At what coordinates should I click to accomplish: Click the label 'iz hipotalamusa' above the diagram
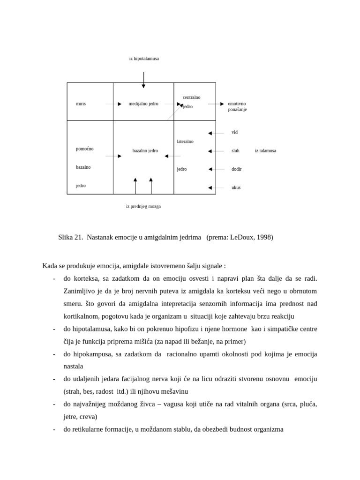click(144, 59)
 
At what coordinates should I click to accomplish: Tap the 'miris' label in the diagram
click(81, 104)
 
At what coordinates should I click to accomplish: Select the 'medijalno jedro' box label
click(143, 104)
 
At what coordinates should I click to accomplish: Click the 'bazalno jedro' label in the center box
click(145, 151)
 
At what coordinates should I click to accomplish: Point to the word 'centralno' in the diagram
click(191, 97)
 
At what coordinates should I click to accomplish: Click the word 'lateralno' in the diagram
click(185, 142)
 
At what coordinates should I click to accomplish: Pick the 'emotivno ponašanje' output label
click(237, 106)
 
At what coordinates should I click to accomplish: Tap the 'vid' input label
click(234, 133)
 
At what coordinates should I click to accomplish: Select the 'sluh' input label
click(235, 151)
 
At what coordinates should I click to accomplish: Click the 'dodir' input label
click(236, 169)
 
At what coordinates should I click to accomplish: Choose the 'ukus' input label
click(236, 187)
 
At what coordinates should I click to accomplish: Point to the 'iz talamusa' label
click(265, 151)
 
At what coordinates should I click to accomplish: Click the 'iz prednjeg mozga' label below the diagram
click(143, 206)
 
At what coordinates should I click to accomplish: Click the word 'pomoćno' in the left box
click(84, 149)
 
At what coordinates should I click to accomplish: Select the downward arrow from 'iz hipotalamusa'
click(143, 80)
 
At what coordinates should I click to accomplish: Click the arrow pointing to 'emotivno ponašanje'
click(216, 104)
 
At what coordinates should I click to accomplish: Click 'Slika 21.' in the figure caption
click(71, 237)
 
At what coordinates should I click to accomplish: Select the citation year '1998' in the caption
click(263, 237)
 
